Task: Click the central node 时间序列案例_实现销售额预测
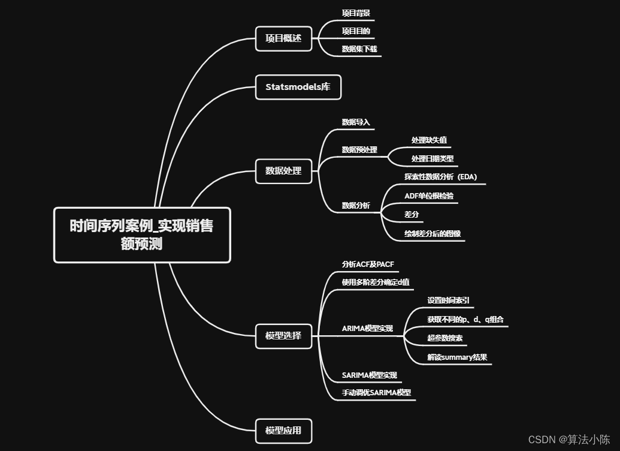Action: [142, 235]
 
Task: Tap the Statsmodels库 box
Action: [298, 87]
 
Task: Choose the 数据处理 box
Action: [283, 171]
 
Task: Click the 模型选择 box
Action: [283, 336]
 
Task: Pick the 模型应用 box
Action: [283, 430]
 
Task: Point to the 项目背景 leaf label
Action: [356, 13]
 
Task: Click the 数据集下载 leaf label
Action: [359, 49]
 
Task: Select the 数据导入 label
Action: [356, 122]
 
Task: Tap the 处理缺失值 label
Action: [429, 140]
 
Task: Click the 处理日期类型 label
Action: [433, 159]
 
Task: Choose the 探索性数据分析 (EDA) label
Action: [441, 177]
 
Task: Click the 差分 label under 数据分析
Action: [412, 214]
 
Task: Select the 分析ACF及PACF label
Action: [368, 264]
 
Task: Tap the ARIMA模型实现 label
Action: [367, 329]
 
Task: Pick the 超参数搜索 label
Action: [445, 338]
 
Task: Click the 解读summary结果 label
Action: [457, 357]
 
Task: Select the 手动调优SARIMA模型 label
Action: [376, 393]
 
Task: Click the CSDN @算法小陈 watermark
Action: [569, 439]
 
